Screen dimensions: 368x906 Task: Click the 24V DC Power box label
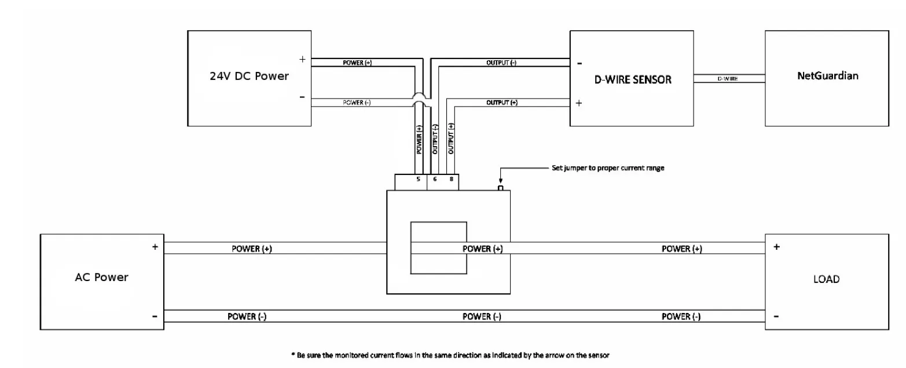click(x=249, y=76)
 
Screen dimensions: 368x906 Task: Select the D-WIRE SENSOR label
click(x=633, y=79)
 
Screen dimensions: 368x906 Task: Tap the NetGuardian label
click(x=827, y=76)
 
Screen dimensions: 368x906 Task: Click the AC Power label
click(x=101, y=277)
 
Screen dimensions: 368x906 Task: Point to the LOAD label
click(x=826, y=279)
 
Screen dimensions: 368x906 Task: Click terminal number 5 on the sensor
click(x=418, y=180)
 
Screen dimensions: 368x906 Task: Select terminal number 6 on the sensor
click(x=435, y=180)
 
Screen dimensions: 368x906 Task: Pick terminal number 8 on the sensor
click(x=451, y=180)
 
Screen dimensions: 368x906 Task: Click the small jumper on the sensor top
click(x=501, y=188)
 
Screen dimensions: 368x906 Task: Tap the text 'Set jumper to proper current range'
click(x=608, y=168)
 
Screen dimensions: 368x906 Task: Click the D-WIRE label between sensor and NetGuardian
click(x=728, y=78)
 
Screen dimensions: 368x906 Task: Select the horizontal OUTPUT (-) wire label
click(x=501, y=63)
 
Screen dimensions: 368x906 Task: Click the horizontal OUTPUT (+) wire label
click(x=501, y=103)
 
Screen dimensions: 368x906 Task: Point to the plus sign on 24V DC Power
click(x=302, y=59)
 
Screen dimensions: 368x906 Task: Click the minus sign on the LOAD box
click(x=776, y=316)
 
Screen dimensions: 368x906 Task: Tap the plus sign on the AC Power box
click(x=155, y=247)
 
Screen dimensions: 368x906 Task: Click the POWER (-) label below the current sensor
click(x=482, y=316)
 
